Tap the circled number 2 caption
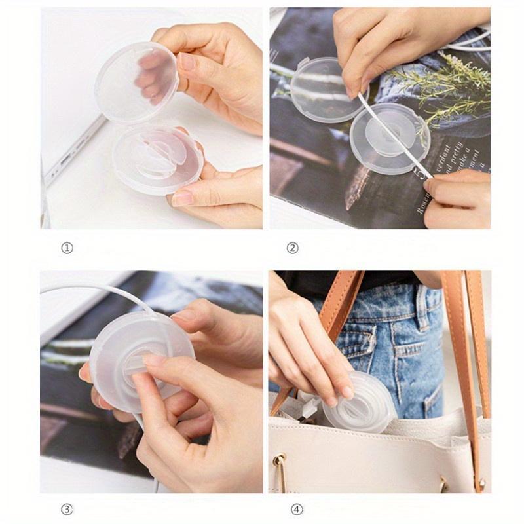click(292, 248)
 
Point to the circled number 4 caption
click(292, 509)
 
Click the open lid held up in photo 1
click(136, 82)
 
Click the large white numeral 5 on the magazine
click(419, 172)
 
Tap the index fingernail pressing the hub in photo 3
click(155, 360)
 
